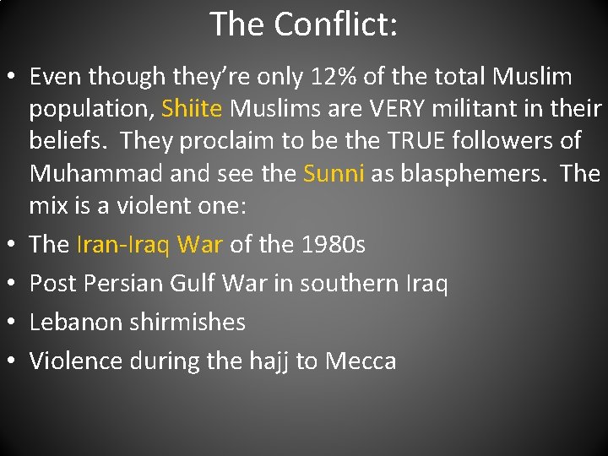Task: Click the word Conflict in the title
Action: click(337, 24)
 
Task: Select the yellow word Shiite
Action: click(193, 110)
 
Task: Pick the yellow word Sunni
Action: click(333, 174)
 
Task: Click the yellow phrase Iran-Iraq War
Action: click(149, 245)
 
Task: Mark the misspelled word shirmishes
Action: click(194, 322)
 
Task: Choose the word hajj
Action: click(269, 361)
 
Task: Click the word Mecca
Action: click(361, 361)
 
